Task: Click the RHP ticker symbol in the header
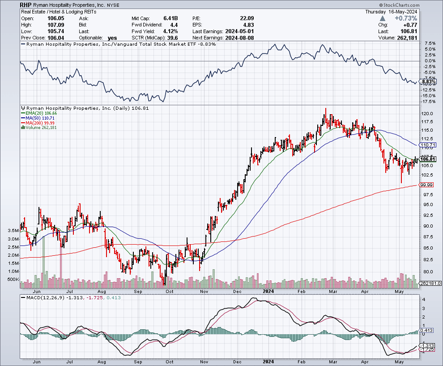tap(26, 5)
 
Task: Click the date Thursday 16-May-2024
tap(392, 12)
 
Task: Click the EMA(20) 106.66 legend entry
tap(40, 113)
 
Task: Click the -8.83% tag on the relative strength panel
tap(428, 82)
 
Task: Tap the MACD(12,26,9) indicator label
tap(40, 298)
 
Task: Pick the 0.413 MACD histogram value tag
tap(426, 331)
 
